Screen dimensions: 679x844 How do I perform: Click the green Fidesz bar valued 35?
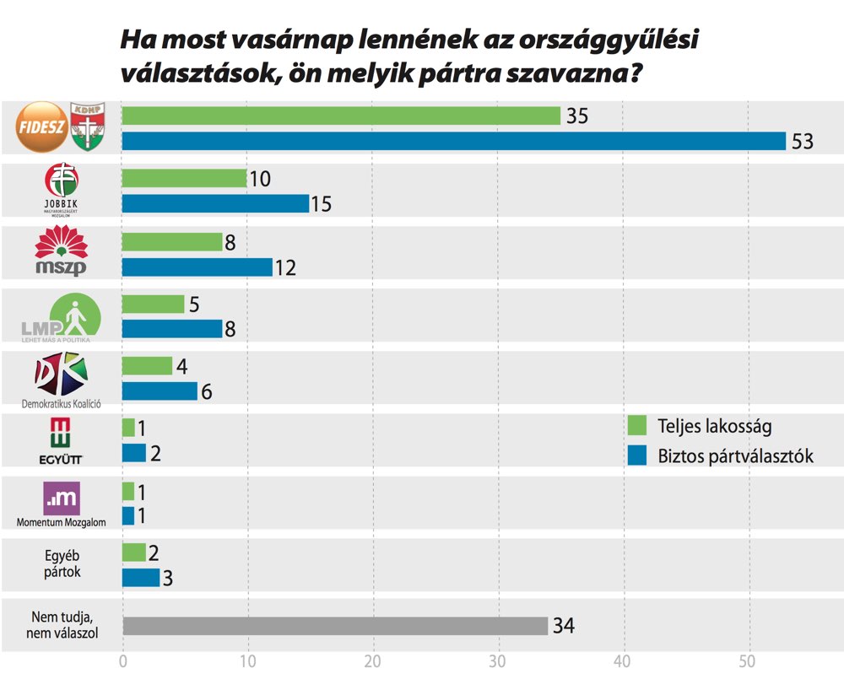[x=341, y=116]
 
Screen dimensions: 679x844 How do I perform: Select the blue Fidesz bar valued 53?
[x=454, y=141]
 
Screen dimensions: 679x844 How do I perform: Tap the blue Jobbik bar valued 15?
[x=216, y=203]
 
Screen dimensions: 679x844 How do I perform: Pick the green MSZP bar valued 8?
[x=172, y=242]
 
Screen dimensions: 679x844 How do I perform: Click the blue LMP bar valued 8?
[x=172, y=328]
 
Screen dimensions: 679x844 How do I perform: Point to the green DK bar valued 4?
[x=147, y=366]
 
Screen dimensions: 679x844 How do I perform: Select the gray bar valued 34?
[x=335, y=626]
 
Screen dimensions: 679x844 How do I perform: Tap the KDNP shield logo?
[x=86, y=127]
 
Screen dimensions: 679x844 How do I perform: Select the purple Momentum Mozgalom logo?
[x=61, y=498]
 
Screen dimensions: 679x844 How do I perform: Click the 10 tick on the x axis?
[x=248, y=660]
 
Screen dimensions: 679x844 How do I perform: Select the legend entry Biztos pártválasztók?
[x=722, y=456]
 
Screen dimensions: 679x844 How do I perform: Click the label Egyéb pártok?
[x=62, y=564]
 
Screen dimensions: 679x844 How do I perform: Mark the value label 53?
[x=802, y=142]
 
